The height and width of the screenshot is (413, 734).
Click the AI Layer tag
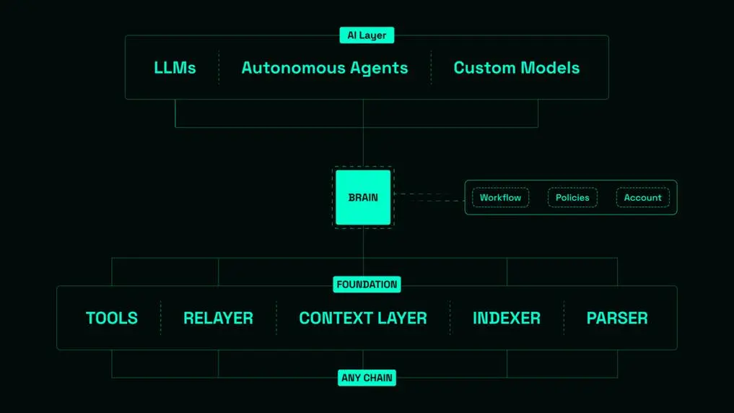pos(367,35)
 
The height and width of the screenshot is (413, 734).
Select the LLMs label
pos(175,68)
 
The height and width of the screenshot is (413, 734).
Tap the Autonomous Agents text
pos(325,68)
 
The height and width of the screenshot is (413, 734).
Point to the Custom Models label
pos(517,68)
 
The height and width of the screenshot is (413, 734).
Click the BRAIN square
pos(363,197)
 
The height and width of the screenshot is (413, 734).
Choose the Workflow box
pos(500,198)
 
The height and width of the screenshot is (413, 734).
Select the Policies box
pos(572,198)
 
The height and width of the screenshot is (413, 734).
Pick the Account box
pos(642,198)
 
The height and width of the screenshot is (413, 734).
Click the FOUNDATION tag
pos(367,284)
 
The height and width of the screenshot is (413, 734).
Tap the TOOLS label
pos(112,318)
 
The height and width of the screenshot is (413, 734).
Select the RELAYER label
pos(218,318)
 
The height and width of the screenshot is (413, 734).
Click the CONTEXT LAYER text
pos(363,318)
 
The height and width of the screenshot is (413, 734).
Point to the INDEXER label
pos(507,318)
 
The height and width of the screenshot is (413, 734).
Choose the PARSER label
pos(617,318)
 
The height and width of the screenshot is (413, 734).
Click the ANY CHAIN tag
pos(367,378)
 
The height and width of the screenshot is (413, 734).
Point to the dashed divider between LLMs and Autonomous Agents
pos(219,68)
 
